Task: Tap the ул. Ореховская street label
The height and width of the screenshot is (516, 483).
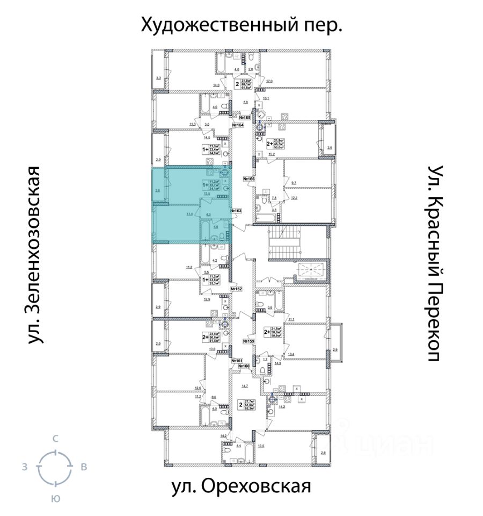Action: coord(241,487)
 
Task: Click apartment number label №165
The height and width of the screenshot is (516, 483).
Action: coord(245,117)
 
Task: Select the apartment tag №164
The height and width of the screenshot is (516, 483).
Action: coord(237,125)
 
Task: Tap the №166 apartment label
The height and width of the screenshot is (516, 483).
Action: coord(248,178)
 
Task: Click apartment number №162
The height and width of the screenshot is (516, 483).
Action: coord(237,289)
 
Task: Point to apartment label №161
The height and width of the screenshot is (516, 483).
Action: coord(237,360)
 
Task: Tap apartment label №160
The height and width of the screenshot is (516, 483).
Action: coord(244,367)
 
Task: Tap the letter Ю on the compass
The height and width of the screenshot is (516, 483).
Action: coord(55,498)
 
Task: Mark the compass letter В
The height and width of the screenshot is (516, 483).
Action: coord(84,467)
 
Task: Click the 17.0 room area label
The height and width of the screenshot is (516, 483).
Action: coord(269,81)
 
